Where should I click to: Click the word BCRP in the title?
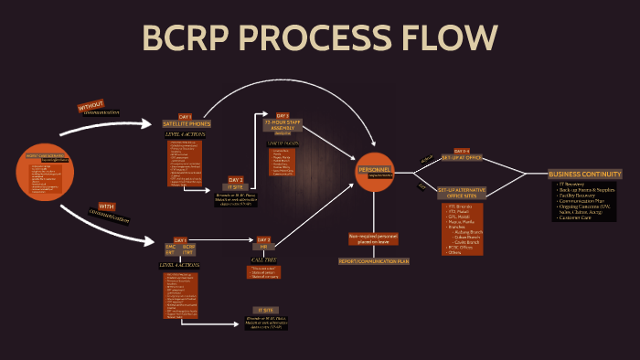pyautogui.click(x=189, y=39)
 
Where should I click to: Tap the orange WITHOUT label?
pyautogui.click(x=91, y=107)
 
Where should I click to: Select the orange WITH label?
pyautogui.click(x=106, y=206)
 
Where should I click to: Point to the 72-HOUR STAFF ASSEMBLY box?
pyautogui.click(x=283, y=126)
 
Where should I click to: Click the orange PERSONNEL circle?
pyautogui.click(x=375, y=171)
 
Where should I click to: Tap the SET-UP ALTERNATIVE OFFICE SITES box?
pyautogui.click(x=461, y=192)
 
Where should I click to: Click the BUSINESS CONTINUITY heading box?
pyautogui.click(x=585, y=174)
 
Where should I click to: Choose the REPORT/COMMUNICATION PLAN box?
pyautogui.click(x=373, y=260)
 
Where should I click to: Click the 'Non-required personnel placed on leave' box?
pyautogui.click(x=373, y=238)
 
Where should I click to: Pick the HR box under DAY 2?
pyautogui.click(x=264, y=247)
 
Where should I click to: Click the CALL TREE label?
pyautogui.click(x=264, y=259)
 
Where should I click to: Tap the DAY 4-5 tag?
pyautogui.click(x=462, y=150)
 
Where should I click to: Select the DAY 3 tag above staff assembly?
pyautogui.click(x=283, y=115)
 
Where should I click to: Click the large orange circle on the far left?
pyautogui.click(x=44, y=172)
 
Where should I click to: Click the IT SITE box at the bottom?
pyautogui.click(x=266, y=311)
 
